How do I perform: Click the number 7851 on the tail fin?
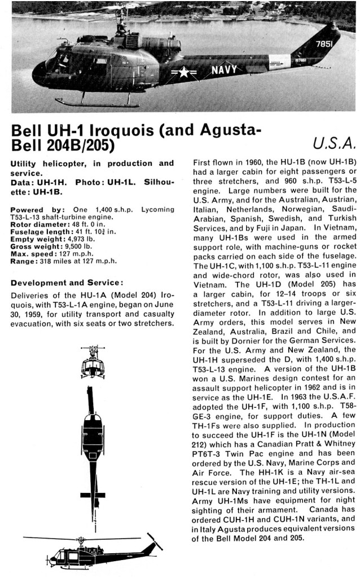(x=324, y=43)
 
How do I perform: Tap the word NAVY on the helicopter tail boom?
(x=225, y=71)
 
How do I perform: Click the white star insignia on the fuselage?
(x=185, y=72)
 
